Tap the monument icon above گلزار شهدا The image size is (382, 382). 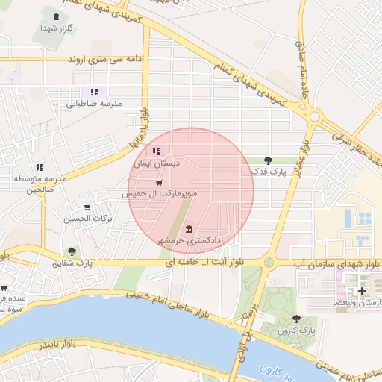(x=56, y=14)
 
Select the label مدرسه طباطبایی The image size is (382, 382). (x=110, y=104)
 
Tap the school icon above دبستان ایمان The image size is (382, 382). (x=156, y=152)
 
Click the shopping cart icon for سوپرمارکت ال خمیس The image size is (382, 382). (x=158, y=183)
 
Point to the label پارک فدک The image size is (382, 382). (x=266, y=172)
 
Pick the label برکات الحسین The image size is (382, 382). (x=88, y=219)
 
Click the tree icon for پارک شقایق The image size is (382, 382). (x=72, y=252)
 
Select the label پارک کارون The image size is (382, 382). (x=297, y=331)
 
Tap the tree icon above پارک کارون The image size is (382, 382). (x=297, y=319)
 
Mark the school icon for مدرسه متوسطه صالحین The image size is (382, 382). (x=39, y=168)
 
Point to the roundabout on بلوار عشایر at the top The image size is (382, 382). (x=315, y=116)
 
